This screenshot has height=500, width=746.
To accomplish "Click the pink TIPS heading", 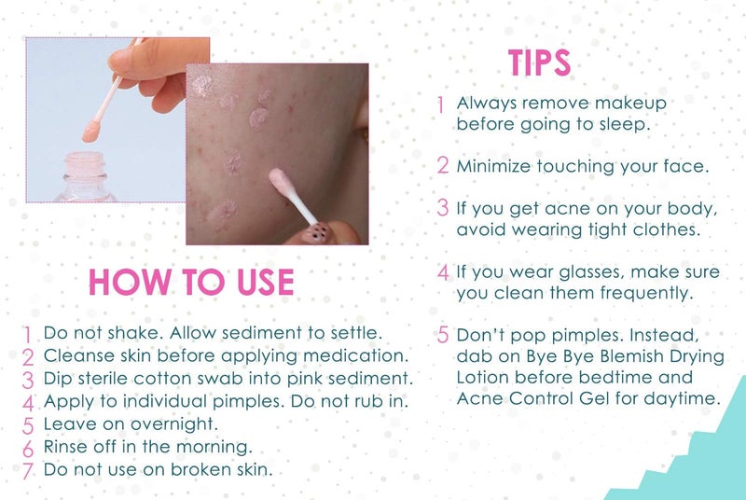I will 539,62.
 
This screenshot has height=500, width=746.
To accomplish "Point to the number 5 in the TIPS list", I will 443,334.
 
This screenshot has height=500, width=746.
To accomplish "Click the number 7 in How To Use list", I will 28,471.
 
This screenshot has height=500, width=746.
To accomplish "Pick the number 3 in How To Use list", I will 28,381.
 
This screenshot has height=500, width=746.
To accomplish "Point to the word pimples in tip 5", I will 561,334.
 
